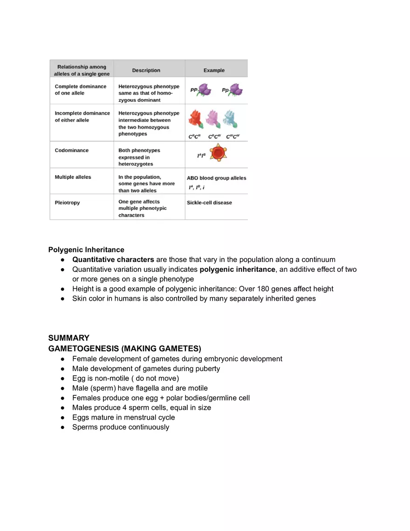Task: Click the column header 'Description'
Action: click(146, 70)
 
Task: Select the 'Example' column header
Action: click(214, 70)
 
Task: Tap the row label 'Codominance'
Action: click(71, 151)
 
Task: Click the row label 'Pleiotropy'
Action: click(67, 203)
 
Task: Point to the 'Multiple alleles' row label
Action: click(73, 177)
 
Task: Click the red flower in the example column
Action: click(196, 120)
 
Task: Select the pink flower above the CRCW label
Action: click(213, 120)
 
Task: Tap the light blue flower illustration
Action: click(230, 119)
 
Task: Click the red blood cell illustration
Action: click(218, 152)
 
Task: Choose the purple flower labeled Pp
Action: click(236, 90)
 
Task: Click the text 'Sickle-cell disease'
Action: click(209, 203)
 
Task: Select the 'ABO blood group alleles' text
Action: click(216, 178)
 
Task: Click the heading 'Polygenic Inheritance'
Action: click(86, 250)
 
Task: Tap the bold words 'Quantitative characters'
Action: click(113, 260)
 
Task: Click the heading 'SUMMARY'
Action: click(68, 338)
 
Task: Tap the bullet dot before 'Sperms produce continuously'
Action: click(62, 428)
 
